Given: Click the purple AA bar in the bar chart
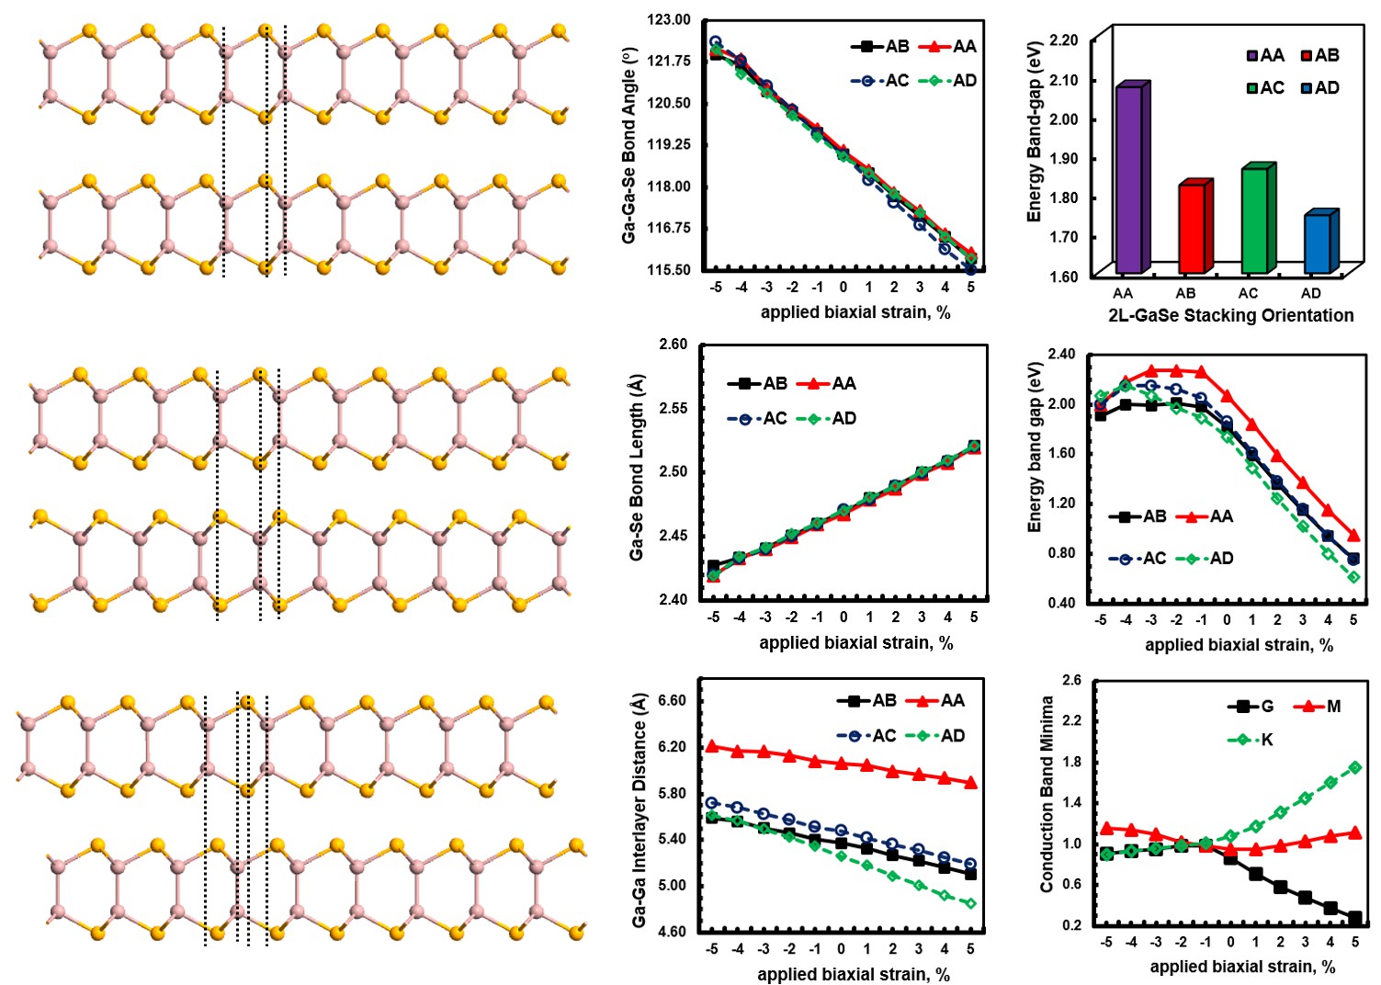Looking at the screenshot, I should click(1129, 178).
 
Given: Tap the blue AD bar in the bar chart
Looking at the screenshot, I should click(1318, 243).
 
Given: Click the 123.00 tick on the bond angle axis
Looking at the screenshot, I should click(669, 19).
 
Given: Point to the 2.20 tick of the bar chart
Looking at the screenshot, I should click(1063, 40).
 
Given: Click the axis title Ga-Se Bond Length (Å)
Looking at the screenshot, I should click(636, 468).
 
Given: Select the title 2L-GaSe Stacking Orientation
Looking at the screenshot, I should click(1230, 315).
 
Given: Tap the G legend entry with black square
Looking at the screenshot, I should click(1251, 706).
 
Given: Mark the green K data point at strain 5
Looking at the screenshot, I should click(1354, 767).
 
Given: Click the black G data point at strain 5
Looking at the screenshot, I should click(1354, 918).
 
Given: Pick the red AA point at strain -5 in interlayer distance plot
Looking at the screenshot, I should click(711, 746).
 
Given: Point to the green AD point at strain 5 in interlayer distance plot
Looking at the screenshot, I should click(970, 903).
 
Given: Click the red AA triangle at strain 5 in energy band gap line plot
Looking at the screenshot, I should click(1353, 535).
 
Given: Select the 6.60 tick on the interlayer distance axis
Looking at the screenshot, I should click(673, 700).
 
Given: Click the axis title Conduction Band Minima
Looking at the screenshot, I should click(1047, 794).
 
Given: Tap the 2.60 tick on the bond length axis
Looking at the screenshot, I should click(673, 345).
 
